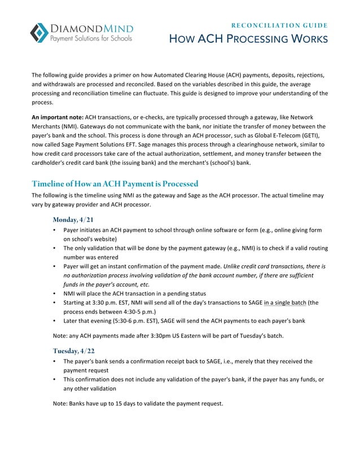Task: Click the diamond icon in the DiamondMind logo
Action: point(39,33)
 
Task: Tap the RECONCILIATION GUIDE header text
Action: point(280,25)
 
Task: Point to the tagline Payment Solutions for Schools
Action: point(91,39)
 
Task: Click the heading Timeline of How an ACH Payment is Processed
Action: point(115,184)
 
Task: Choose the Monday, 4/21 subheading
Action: point(73,219)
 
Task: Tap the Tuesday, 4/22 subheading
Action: point(73,350)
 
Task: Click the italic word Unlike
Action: point(234,266)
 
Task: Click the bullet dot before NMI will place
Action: point(54,293)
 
